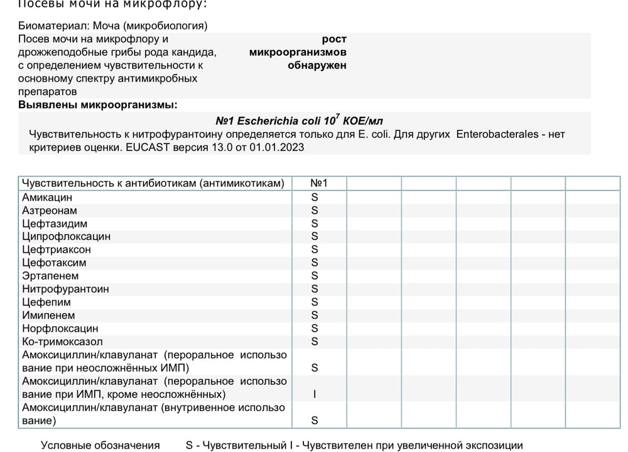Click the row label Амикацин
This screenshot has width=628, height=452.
47,197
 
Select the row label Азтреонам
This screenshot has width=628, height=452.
50,211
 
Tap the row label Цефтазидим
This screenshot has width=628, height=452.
55,224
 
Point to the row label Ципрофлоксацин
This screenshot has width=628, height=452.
66,237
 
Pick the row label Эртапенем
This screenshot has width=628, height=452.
50,276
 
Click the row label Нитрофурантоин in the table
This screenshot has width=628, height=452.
65,289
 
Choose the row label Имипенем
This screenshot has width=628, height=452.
48,316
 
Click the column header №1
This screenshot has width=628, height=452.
319,184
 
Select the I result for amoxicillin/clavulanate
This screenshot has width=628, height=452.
315,395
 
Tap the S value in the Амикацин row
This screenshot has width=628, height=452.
315,197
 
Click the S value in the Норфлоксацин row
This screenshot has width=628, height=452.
315,329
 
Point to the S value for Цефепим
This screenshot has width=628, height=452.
315,302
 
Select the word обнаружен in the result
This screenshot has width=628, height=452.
317,65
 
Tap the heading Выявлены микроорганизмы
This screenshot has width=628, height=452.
98,104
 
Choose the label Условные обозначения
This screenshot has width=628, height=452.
100,445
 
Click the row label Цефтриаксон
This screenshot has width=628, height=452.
57,250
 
